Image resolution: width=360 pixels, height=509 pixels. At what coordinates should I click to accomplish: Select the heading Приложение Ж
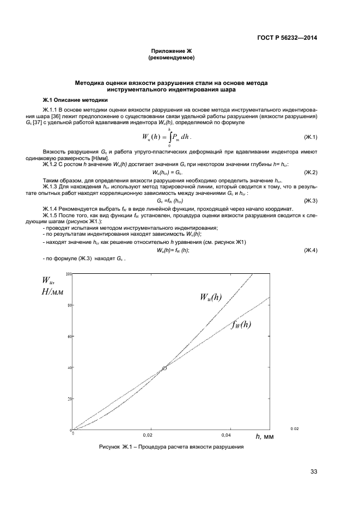(172, 50)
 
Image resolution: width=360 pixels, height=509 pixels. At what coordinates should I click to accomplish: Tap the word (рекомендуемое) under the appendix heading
(172, 57)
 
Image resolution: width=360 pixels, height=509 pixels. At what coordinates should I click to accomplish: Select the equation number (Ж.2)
(310, 173)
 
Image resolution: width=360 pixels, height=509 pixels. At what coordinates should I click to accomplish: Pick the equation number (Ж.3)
(310, 201)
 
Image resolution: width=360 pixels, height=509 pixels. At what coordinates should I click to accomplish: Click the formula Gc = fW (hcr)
(172, 201)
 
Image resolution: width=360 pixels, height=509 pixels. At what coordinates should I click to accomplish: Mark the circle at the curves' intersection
(164, 368)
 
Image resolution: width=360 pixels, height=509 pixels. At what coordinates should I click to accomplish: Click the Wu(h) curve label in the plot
(211, 297)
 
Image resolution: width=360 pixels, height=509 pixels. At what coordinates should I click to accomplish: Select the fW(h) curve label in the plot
(241, 325)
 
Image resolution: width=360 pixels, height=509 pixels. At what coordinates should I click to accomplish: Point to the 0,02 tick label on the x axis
(148, 436)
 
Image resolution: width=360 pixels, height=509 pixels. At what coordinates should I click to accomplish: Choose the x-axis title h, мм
(264, 436)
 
